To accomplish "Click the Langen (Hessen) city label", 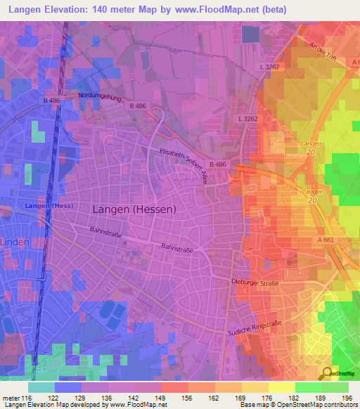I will click(x=134, y=209).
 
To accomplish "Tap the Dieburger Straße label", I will click(x=255, y=283).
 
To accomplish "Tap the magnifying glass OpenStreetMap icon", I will click(x=327, y=375).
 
